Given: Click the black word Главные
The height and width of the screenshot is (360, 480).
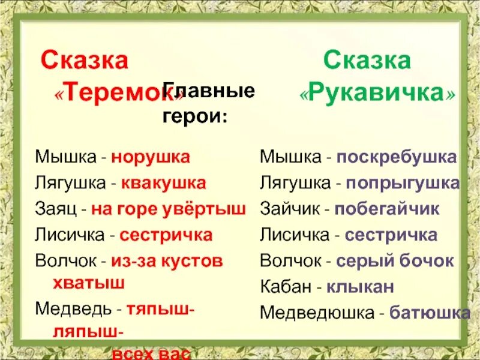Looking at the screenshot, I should click(x=209, y=92).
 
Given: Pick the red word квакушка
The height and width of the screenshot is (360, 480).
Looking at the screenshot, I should click(x=163, y=183).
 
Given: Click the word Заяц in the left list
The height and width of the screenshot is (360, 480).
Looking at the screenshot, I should click(x=53, y=209).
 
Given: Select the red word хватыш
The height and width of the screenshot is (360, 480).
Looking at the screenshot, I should click(x=81, y=283).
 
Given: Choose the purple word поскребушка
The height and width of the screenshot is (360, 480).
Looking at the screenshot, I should click(x=396, y=158).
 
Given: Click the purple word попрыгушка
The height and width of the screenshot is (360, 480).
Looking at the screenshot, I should click(x=397, y=184).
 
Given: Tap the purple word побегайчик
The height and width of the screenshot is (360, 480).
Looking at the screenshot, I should click(x=387, y=209).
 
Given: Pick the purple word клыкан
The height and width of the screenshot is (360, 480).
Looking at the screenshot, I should click(x=360, y=287).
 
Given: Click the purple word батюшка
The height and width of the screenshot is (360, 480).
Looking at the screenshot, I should click(x=429, y=313).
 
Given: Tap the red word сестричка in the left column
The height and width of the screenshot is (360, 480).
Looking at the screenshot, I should click(x=166, y=235).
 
